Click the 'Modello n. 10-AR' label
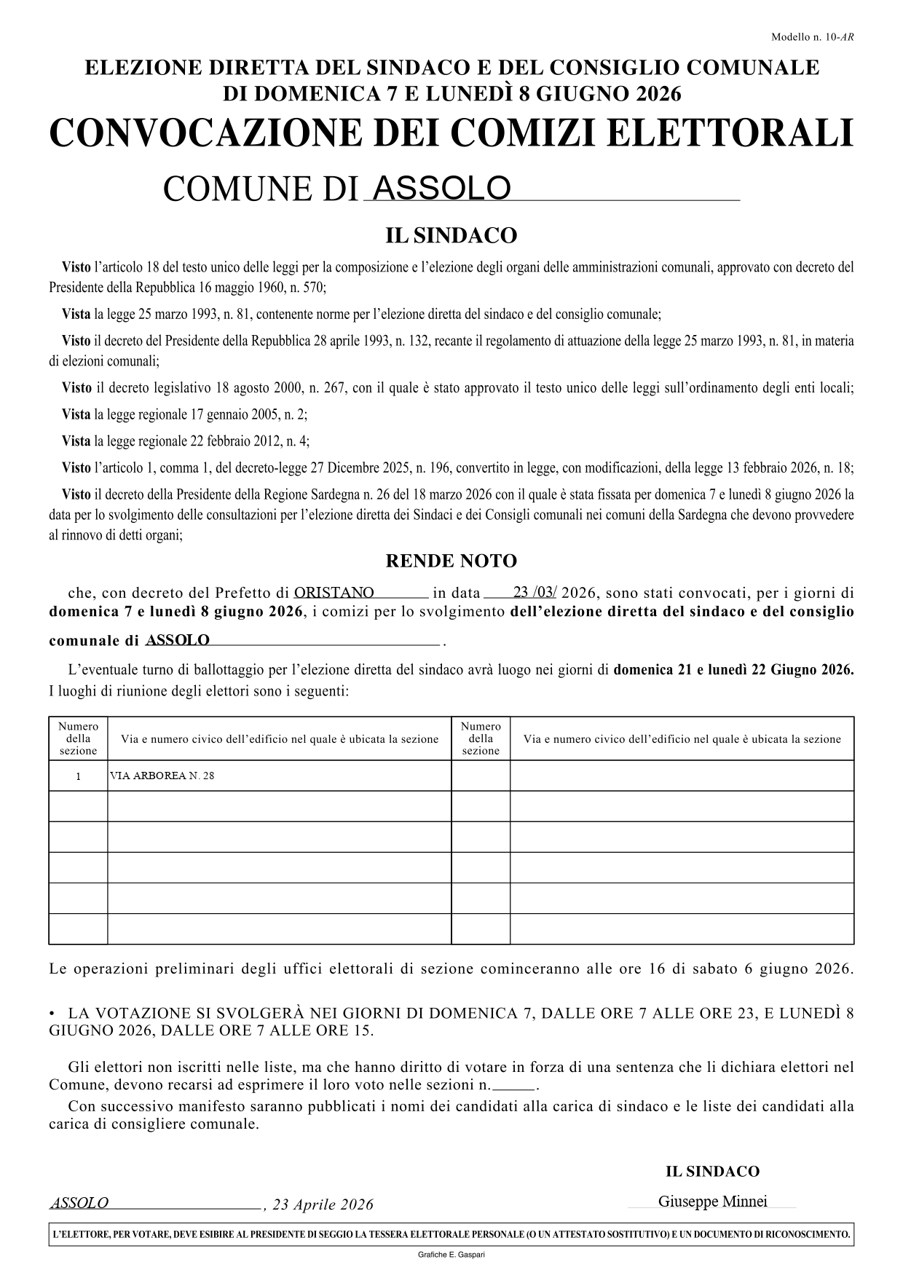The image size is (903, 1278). pos(812,37)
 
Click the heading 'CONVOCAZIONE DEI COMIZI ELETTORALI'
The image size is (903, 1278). pos(451,133)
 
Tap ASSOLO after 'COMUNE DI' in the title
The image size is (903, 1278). pos(441,189)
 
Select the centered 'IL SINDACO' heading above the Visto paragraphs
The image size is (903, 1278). pos(451,236)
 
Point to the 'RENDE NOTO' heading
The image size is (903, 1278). pos(451,561)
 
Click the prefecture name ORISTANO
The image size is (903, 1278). pos(334,593)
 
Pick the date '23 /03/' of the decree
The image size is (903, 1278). pos(535,592)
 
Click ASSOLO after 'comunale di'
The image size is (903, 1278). pos(178,640)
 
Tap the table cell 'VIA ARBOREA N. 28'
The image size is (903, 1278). pos(162,776)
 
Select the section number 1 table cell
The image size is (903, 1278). pos(78,776)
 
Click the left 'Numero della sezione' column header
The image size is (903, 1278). pos(78,738)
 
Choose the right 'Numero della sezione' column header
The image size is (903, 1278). pos(481,738)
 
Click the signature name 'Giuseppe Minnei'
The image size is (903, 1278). pos(712,1202)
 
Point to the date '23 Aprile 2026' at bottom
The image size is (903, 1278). pos(323,1205)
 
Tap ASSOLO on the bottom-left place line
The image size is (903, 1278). pos(79,1203)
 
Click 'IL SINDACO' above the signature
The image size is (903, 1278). pos(712,1172)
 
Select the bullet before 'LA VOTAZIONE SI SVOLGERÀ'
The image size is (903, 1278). pos(52,1014)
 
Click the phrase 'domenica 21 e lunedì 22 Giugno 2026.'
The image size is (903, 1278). pos(733,671)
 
